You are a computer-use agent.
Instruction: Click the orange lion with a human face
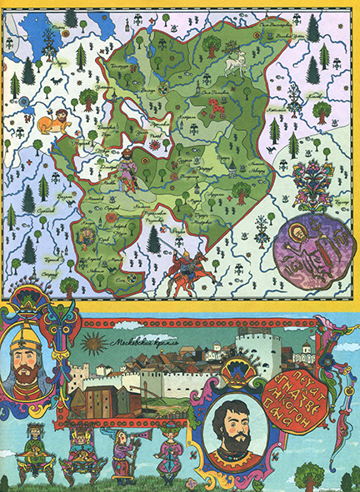54,120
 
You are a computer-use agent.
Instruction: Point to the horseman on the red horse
187,268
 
